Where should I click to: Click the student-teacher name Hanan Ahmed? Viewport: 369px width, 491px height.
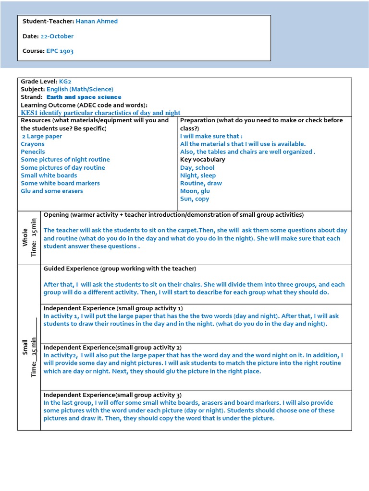pos(97,21)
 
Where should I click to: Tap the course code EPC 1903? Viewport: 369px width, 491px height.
pos(60,51)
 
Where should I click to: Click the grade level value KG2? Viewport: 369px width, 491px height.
pos(65,82)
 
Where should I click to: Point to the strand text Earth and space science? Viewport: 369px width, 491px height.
pos(84,97)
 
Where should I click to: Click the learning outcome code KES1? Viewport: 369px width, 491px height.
pos(29,113)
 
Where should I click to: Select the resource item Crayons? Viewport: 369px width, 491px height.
pos(33,144)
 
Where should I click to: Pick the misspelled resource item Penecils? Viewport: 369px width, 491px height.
pos(33,152)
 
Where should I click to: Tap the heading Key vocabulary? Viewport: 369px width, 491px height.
pos(202,160)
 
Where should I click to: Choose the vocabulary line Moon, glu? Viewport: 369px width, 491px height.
pos(195,191)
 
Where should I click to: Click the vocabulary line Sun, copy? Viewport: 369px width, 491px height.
pos(195,199)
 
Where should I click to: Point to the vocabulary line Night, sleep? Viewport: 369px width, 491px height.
pos(198,175)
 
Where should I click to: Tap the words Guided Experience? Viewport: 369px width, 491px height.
pos(71,269)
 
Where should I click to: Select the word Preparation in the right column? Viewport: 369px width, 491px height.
pos(197,120)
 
